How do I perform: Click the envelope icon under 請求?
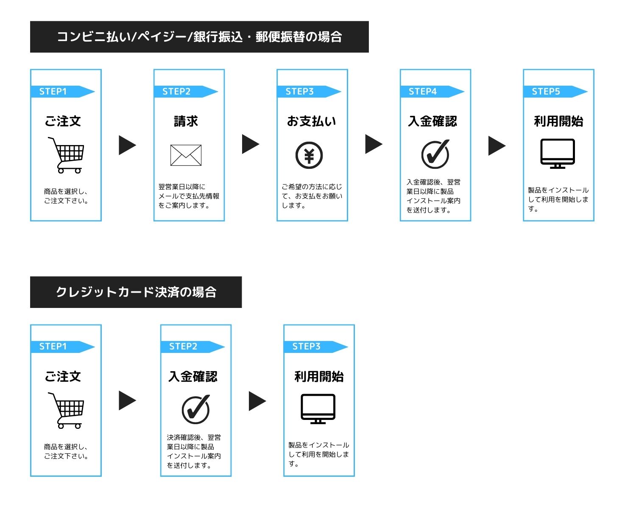[186, 155]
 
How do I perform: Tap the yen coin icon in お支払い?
[309, 155]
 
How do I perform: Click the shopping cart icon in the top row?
[66, 155]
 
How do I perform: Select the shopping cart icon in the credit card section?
[66, 411]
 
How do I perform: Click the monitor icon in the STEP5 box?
[558, 154]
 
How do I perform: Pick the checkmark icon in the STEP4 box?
[435, 154]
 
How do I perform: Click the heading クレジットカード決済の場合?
[136, 292]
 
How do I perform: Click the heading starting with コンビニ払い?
[199, 37]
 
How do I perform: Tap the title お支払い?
[312, 121]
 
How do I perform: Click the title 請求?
[186, 121]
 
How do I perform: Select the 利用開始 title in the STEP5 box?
[558, 121]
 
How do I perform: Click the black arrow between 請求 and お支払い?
[251, 144]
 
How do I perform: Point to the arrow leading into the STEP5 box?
[497, 146]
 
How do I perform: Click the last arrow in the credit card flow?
[257, 401]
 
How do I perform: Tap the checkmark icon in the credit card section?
[195, 410]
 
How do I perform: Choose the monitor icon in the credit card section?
[318, 409]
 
